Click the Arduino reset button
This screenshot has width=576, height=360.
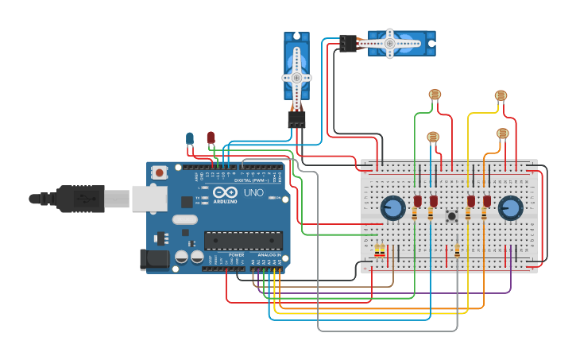159,172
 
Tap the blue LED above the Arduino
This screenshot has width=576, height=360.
189,138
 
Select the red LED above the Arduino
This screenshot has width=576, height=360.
211,137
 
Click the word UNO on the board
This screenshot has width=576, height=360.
253,192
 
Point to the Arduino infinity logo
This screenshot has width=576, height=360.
225,192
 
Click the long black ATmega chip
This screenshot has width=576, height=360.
243,240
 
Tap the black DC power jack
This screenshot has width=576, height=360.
153,258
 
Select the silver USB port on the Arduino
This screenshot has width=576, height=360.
149,198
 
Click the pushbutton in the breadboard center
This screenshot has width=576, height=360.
452,215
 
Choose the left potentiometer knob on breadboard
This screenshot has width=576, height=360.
392,208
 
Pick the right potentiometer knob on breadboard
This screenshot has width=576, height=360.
510,208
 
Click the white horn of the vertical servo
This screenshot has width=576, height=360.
296,77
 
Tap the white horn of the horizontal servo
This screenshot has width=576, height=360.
389,43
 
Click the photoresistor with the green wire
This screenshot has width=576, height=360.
435,95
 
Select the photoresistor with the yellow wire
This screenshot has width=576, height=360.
501,95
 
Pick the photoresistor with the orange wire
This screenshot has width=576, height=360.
502,134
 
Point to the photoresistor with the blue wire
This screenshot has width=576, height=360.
433,137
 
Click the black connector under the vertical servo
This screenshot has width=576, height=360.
296,119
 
